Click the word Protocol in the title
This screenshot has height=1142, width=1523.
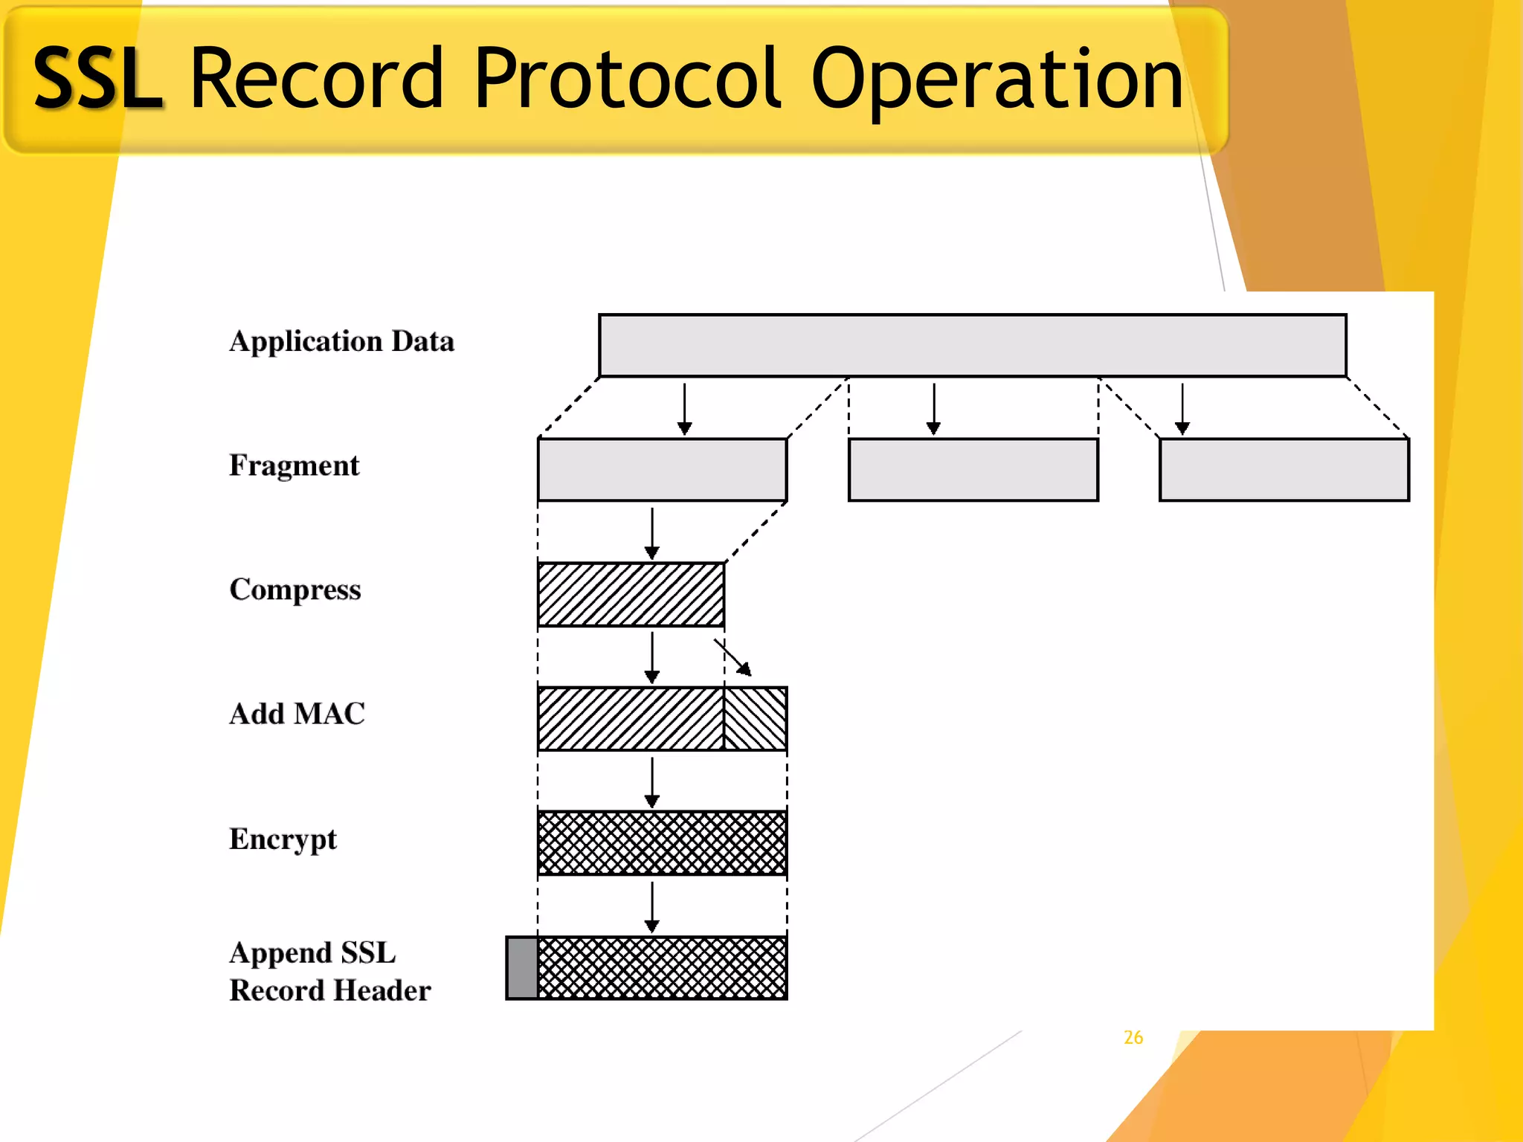(627, 78)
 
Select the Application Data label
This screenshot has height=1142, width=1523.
(341, 341)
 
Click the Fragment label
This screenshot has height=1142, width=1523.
(294, 465)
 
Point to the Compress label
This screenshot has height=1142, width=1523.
(294, 590)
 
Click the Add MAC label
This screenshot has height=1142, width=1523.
(297, 714)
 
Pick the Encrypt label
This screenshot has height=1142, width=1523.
(283, 839)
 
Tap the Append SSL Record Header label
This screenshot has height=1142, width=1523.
(329, 971)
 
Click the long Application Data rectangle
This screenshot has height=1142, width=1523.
(972, 346)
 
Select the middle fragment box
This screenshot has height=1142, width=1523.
(973, 470)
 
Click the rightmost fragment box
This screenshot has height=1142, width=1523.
(1284, 470)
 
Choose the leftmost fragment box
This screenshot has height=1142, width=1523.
(662, 470)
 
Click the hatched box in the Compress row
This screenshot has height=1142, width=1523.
(631, 594)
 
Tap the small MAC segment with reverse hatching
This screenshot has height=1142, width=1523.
(756, 718)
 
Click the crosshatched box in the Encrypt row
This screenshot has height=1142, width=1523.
(662, 843)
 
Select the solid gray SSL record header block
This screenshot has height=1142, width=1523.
(522, 967)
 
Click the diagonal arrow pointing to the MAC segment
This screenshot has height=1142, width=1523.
(733, 657)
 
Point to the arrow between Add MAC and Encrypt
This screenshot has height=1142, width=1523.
(652, 782)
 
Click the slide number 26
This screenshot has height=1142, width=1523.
(1133, 1037)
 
